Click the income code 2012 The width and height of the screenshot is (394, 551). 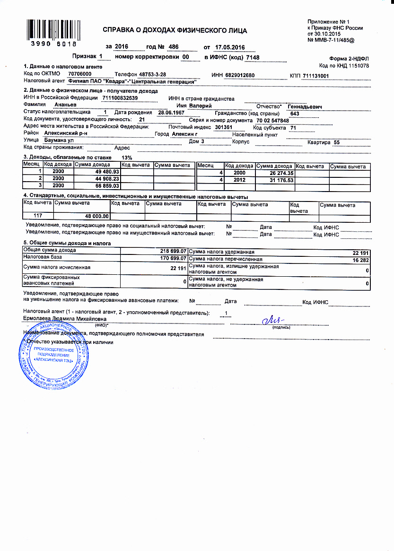pos(239,180)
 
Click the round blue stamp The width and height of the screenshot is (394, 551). pos(52,355)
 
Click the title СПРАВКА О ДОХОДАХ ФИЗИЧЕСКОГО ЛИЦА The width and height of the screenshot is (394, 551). pos(175,31)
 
